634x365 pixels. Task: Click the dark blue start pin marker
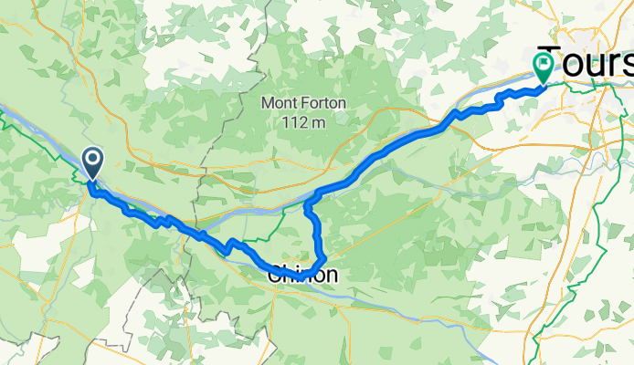click(92, 162)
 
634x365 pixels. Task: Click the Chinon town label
click(302, 274)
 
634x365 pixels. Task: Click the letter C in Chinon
click(275, 274)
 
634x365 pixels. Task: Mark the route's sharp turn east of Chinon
click(324, 259)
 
